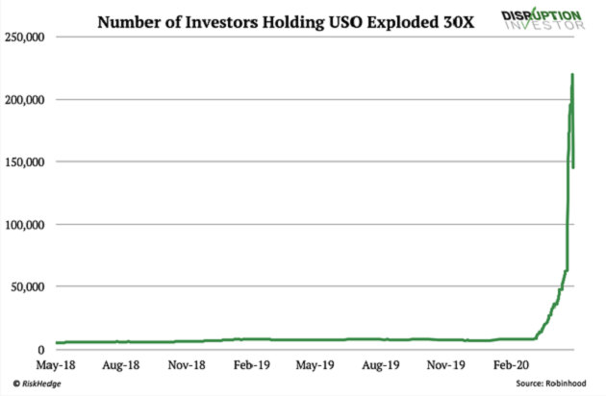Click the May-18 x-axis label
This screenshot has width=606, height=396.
[x=58, y=366]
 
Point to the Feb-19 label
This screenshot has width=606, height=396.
[x=251, y=366]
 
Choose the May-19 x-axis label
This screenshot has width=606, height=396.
[x=315, y=366]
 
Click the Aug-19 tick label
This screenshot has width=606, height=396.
[x=380, y=366]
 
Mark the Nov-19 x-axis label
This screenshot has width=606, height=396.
[x=444, y=366]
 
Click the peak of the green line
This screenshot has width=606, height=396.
[x=573, y=74]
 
